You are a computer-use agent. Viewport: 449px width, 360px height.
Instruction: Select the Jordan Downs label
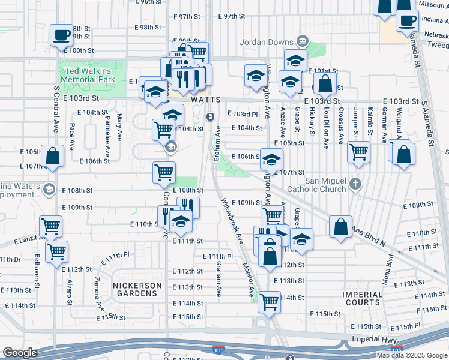(264, 42)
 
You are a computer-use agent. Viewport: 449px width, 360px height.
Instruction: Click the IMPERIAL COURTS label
(363, 299)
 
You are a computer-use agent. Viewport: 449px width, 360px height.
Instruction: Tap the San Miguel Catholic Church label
(317, 185)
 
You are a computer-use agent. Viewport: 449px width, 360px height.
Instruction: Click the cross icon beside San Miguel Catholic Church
(355, 182)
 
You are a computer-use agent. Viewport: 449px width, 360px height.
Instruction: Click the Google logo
(20, 353)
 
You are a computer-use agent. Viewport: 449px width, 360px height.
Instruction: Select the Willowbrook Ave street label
(232, 220)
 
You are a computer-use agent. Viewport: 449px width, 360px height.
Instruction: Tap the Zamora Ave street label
(98, 291)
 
